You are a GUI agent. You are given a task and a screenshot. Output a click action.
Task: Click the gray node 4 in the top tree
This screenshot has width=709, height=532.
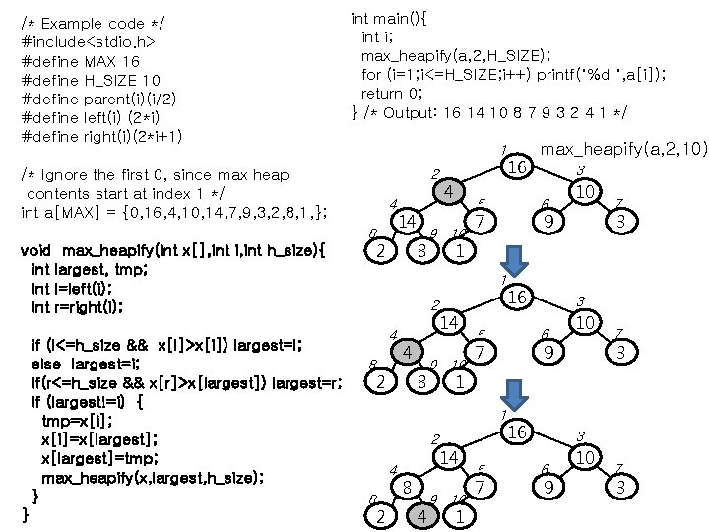pos(448,191)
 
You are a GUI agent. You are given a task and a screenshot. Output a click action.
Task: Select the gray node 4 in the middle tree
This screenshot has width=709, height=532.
pos(406,351)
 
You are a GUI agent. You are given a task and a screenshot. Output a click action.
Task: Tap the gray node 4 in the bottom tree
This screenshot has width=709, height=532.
pos(421,515)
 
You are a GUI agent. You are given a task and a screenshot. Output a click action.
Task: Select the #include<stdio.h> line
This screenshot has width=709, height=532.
pos(88,42)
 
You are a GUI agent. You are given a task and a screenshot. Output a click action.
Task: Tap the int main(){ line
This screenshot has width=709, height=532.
pos(390,18)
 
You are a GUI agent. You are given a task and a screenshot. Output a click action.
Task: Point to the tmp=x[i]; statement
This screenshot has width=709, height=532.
pos(78,421)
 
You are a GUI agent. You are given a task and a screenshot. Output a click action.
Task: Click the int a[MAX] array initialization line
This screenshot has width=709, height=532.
pos(173,212)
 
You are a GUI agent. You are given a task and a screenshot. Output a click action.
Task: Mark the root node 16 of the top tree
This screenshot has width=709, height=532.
pos(518,167)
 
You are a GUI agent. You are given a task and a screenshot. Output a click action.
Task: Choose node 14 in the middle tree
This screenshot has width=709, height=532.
pos(449,322)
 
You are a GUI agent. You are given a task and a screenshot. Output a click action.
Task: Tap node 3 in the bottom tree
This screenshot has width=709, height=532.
pos(619,487)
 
